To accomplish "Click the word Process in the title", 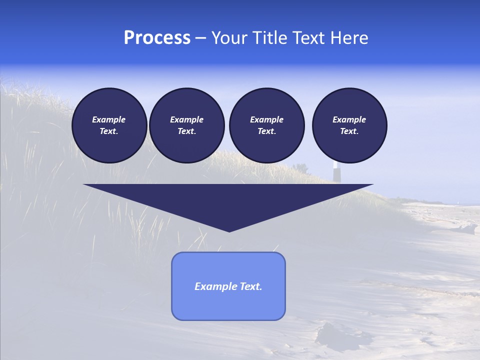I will (157, 38).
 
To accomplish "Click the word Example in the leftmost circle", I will (109, 119).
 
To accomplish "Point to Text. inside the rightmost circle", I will (349, 131).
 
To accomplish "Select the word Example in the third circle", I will (266, 119).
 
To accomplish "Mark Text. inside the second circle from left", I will (187, 131).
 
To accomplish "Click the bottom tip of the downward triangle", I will (229, 230).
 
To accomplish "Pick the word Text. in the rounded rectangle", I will (250, 286).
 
